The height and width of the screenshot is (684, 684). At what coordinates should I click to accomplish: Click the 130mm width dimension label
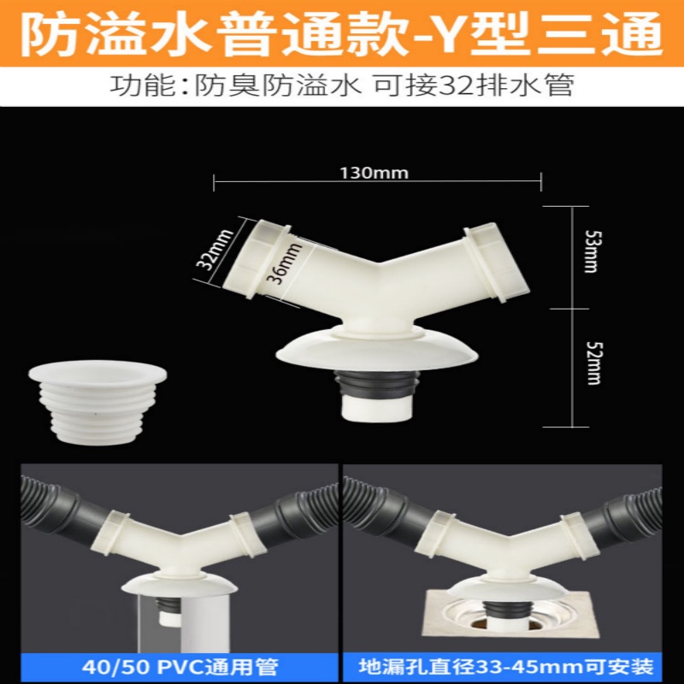[374, 174]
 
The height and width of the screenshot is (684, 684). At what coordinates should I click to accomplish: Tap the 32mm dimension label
[215, 250]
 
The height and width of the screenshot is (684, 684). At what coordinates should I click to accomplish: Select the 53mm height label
[592, 251]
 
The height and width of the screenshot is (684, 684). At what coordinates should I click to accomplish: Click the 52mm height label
[593, 363]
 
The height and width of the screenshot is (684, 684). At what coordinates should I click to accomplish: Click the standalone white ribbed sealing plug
[97, 402]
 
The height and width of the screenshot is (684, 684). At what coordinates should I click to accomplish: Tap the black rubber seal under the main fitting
[376, 383]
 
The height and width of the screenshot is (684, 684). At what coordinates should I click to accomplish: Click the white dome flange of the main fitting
[376, 349]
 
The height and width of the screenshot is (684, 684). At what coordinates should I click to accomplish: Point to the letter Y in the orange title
[452, 34]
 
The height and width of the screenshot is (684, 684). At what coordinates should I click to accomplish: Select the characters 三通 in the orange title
[599, 34]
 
